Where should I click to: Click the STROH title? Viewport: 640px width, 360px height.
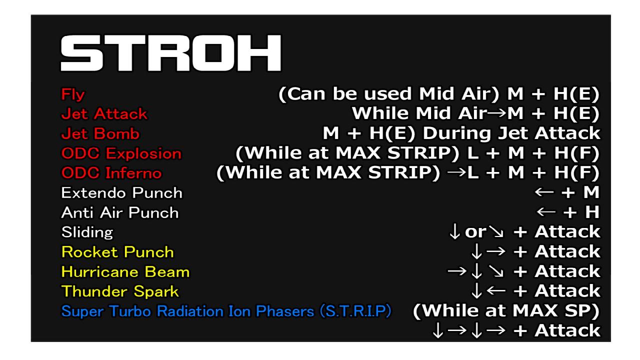171,53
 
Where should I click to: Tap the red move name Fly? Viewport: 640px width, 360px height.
73,94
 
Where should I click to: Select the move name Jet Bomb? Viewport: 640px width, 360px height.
100,133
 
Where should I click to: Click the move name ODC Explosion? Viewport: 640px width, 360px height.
121,153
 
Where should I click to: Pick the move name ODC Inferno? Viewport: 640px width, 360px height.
111,173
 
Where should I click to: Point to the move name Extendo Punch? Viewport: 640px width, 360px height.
121,193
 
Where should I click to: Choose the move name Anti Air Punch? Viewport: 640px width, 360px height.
120,212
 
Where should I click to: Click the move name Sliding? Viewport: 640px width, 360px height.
87,232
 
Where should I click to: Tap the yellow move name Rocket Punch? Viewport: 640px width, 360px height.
117,252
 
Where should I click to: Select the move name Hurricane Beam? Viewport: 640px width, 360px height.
125,271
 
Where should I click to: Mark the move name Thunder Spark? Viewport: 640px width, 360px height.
120,291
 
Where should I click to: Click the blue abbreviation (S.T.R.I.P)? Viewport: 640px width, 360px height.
355,311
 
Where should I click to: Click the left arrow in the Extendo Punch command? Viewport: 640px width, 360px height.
544,192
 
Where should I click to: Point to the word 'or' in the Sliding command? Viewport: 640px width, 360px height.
475,231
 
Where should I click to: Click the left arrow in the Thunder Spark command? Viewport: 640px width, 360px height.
496,291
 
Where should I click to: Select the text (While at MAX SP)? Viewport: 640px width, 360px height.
506,311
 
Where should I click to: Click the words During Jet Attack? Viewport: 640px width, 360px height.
511,133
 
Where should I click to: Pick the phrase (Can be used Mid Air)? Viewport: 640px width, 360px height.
389,94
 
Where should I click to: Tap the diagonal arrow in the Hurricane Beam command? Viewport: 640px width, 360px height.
496,271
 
